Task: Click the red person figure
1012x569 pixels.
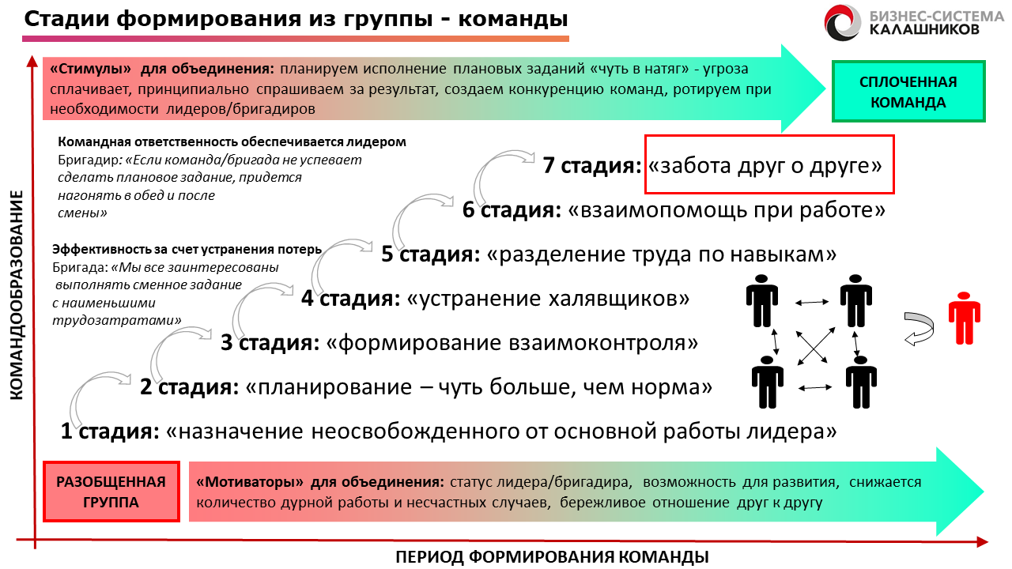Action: tap(964, 318)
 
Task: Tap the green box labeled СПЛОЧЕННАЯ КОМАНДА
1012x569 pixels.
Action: tap(908, 92)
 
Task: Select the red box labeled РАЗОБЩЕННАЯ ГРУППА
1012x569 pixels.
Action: tap(111, 492)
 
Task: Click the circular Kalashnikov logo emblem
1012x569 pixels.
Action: tap(842, 23)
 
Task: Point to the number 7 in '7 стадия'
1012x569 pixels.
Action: tap(549, 165)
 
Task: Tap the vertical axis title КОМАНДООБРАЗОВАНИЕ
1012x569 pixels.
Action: tap(17, 295)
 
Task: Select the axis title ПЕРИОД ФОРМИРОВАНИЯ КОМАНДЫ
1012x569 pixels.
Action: tap(552, 557)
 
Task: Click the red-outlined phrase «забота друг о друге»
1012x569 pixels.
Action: tap(765, 165)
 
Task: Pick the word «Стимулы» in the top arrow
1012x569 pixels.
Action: tap(90, 69)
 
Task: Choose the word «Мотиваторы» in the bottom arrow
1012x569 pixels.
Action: tap(250, 482)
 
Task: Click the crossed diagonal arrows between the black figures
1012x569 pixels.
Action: tap(815, 346)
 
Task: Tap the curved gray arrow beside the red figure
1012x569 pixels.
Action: tap(919, 329)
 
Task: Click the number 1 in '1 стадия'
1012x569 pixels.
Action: tap(66, 431)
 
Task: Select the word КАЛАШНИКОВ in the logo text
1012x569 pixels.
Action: tap(924, 30)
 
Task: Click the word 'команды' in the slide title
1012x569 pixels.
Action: tap(513, 20)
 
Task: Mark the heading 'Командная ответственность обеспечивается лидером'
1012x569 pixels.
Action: tap(232, 141)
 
